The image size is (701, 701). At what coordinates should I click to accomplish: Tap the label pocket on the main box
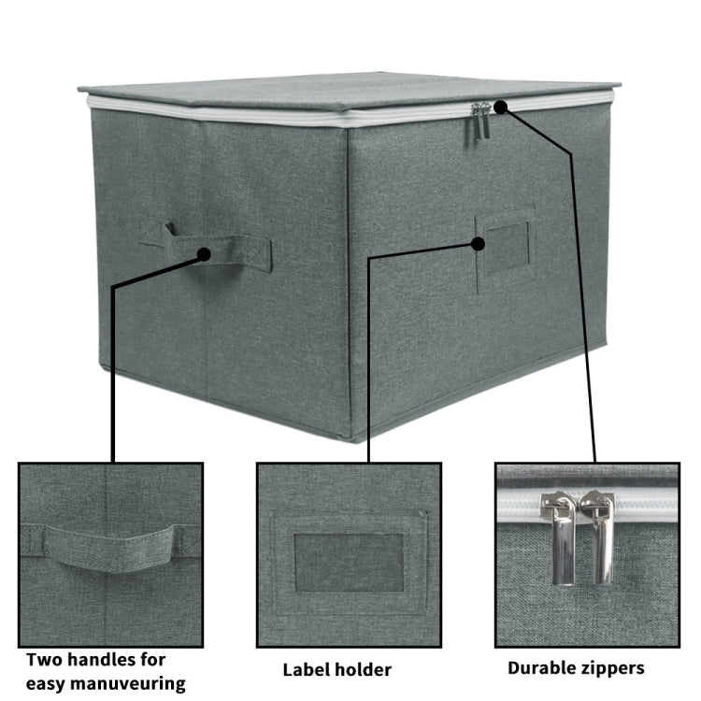coord(506,245)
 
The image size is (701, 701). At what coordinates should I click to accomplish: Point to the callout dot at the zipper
coord(500,107)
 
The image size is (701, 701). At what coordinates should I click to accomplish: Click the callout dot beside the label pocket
coord(479,244)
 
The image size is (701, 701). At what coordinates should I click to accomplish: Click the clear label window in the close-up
coord(349,563)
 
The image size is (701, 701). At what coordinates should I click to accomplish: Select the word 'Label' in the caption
coord(308,669)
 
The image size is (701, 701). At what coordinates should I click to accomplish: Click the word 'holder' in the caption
coord(364,669)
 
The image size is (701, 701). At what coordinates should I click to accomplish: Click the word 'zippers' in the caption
coord(613,668)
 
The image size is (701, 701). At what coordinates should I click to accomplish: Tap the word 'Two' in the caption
coord(43,658)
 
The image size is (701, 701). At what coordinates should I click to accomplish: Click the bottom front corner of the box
coord(350,437)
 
